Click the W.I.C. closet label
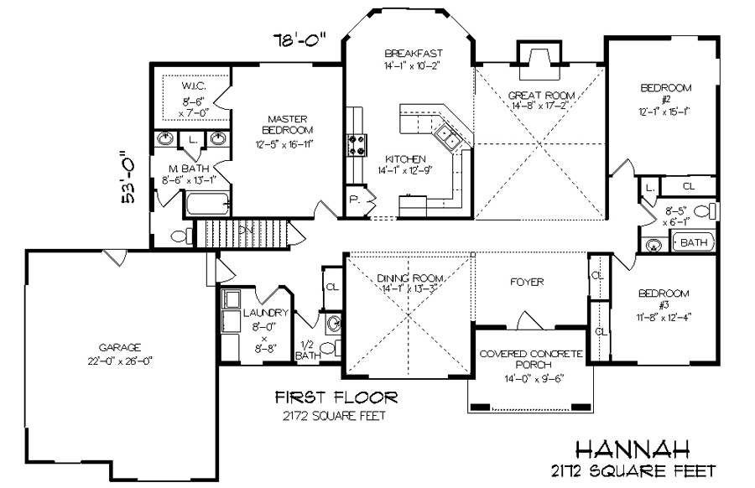tap(193, 86)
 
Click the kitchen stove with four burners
tap(356, 145)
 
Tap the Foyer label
tap(527, 282)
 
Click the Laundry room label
tap(265, 313)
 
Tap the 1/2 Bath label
tap(308, 350)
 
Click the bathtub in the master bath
tap(208, 203)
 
